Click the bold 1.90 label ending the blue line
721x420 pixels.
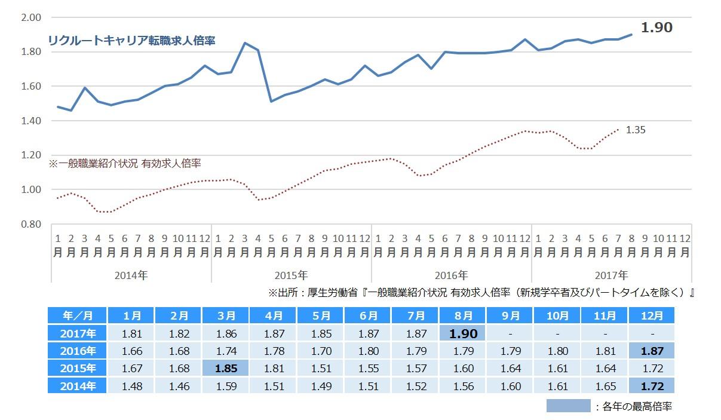[x=656, y=27]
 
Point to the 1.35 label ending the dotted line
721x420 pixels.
[x=636, y=129]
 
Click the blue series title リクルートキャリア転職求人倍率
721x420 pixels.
[x=131, y=41]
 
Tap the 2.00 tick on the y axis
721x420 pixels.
[x=30, y=17]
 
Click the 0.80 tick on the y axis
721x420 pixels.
[x=30, y=224]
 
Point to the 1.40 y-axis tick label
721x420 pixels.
[x=30, y=121]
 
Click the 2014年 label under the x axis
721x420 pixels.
[x=131, y=275]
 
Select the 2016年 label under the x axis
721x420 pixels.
[x=451, y=275]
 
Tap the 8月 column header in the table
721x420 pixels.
[x=463, y=315]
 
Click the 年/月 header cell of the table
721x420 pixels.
[x=77, y=315]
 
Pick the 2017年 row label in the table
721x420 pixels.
[x=77, y=333]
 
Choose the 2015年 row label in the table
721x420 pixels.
[x=77, y=369]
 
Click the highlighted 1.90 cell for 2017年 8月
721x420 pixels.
[x=463, y=333]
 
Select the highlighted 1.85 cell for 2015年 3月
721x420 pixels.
[x=226, y=369]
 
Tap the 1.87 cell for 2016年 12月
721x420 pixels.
[x=651, y=351]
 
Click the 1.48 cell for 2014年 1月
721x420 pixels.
[x=131, y=387]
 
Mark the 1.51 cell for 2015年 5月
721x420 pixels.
[x=321, y=369]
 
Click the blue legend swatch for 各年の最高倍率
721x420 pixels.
[x=567, y=406]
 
